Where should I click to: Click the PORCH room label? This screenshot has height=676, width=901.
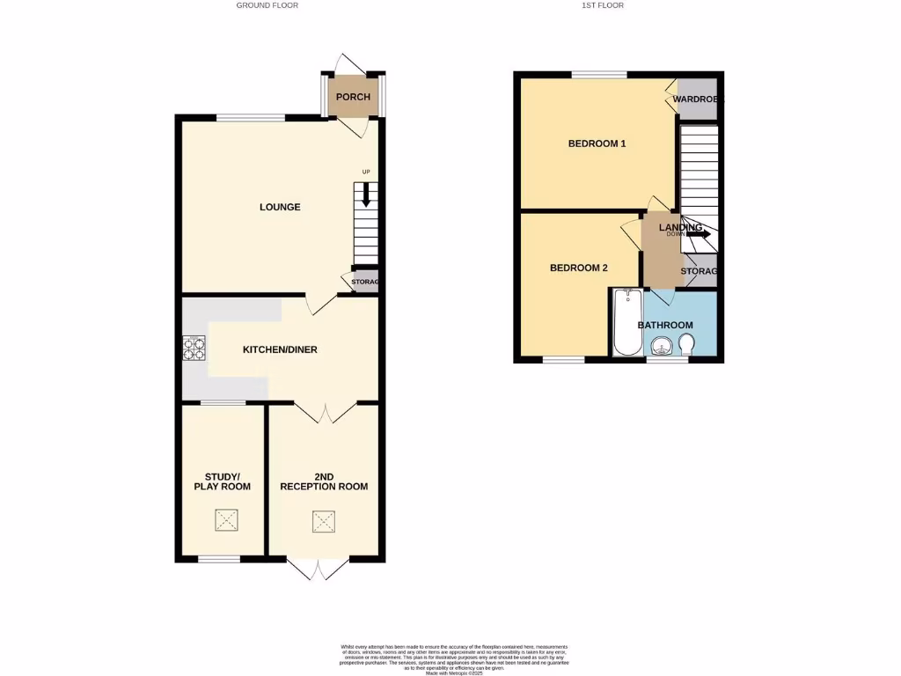[354, 97]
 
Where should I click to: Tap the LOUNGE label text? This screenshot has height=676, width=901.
[280, 208]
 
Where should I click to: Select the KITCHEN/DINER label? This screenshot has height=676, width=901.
[280, 349]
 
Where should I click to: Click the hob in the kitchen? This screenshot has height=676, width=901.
[194, 349]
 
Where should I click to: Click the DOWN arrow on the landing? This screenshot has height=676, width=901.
[698, 234]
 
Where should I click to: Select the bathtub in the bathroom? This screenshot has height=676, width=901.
[627, 322]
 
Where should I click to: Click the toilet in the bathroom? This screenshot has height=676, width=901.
[686, 349]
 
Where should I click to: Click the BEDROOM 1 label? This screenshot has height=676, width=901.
[597, 143]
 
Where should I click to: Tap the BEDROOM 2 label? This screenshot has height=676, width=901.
[579, 268]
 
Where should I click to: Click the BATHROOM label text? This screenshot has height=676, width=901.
[665, 326]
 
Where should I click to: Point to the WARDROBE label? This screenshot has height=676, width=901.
[697, 99]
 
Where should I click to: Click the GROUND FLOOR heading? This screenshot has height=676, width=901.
[267, 5]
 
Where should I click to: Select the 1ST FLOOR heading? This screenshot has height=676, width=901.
[603, 5]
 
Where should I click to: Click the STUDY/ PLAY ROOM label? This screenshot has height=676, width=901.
[223, 481]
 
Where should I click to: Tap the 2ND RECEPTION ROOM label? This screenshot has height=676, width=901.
[324, 481]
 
